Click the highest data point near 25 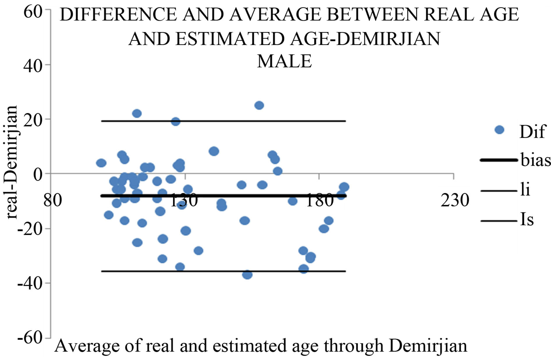(x=259, y=105)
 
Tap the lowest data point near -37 (x=247, y=274)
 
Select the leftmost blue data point (x=101, y=163)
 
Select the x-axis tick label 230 (x=454, y=200)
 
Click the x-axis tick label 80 (x=53, y=200)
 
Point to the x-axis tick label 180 (x=319, y=200)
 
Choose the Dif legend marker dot (x=499, y=130)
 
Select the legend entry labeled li (x=525, y=190)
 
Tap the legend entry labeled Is (x=527, y=220)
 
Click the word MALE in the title (x=284, y=61)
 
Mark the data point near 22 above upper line (x=137, y=113)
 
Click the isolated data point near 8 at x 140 (x=214, y=151)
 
